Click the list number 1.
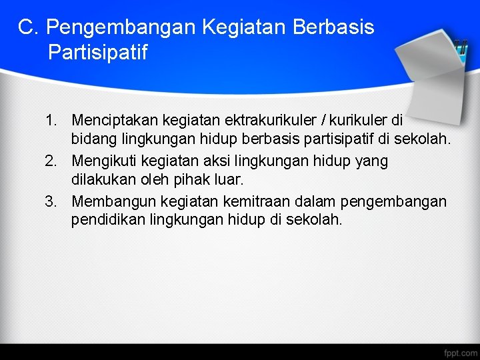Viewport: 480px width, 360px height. coord(51,121)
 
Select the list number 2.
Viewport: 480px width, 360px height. coord(51,161)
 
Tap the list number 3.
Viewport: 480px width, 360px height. coord(51,201)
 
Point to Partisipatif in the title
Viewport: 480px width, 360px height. coord(97,52)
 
